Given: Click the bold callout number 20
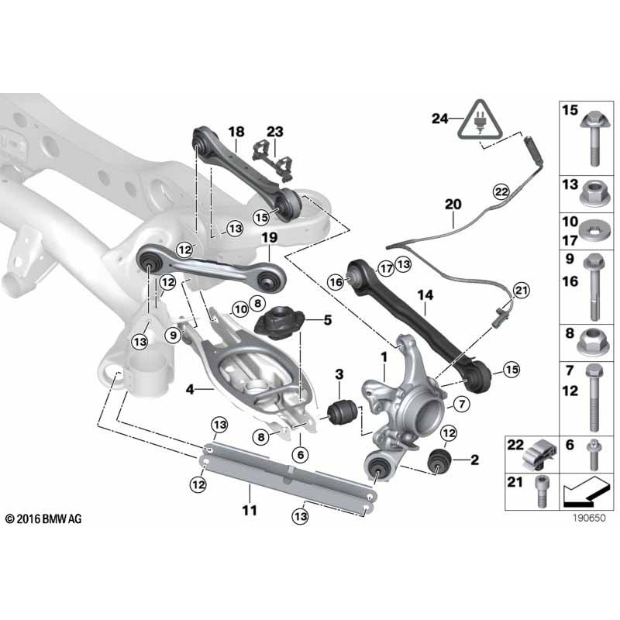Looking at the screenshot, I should (453, 205).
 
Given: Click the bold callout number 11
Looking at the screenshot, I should (249, 510).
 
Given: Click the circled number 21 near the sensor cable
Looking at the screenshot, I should (520, 290).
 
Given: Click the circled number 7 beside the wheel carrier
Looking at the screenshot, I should (458, 403).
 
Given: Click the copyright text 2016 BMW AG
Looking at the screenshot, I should (43, 518).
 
